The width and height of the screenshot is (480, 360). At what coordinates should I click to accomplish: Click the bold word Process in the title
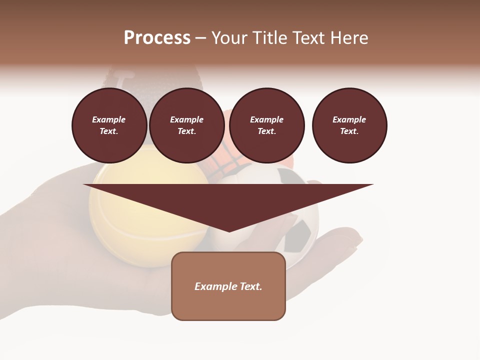point(157,38)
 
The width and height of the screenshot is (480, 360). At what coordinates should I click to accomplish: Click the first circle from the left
point(109,125)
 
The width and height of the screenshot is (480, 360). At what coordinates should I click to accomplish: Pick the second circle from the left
point(186,125)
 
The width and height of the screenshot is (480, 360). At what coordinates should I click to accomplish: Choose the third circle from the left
point(266,125)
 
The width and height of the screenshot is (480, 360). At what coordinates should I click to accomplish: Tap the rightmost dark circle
point(349,125)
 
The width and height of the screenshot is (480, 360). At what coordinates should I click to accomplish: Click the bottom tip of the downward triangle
point(229,231)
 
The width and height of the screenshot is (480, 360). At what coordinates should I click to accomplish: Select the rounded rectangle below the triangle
point(228,286)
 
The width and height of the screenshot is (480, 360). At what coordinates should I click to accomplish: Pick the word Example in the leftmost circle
point(109,120)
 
